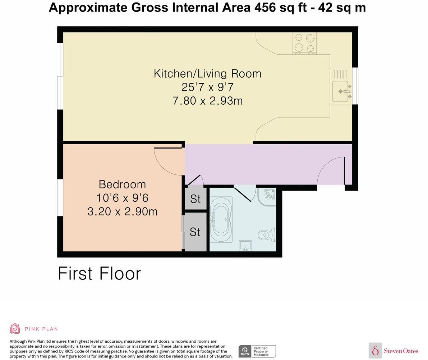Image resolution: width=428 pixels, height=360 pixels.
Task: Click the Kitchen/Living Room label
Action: pos(207,73)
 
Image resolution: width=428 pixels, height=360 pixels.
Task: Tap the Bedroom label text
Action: pos(122,184)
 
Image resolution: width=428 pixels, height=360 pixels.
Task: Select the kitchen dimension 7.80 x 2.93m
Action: pos(207,101)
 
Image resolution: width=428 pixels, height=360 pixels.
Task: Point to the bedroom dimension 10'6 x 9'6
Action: pos(122,198)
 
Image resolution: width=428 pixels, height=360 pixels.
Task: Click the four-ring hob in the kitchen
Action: pos(304,42)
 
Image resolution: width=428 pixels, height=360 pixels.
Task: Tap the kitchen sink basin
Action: pos(340,91)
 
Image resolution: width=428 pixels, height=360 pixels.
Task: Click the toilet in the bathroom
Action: pos(267,235)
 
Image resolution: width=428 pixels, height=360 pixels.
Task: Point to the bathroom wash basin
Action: pos(246,246)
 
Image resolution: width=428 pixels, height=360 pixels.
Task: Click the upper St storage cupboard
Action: pos(195,199)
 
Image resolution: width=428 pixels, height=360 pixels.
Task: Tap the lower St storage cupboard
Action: pos(195,232)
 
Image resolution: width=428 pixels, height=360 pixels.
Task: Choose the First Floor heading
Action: pos(99,273)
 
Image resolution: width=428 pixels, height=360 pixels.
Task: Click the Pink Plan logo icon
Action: pos(15,328)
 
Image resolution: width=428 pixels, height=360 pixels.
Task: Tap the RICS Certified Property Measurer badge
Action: pos(257,351)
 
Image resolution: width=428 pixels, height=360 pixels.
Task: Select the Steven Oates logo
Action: pos(394,351)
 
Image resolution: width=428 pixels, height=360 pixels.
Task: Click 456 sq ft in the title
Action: pos(279,7)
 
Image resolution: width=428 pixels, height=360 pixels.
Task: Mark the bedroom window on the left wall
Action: pos(60,198)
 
